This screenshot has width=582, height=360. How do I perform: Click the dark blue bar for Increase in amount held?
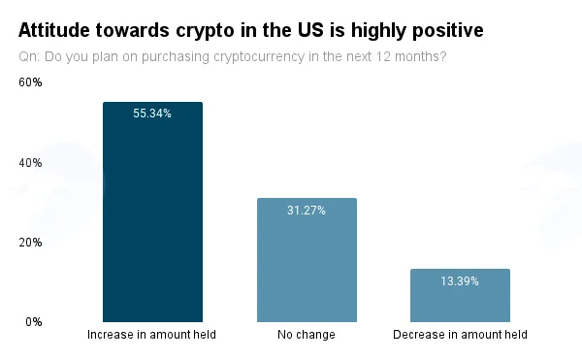[x=152, y=212]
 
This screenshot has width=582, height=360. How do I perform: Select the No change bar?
[x=307, y=260]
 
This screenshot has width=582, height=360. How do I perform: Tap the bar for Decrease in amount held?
[x=460, y=295]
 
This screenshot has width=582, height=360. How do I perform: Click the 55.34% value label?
[x=152, y=114]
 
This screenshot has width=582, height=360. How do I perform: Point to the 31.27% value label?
[x=307, y=211]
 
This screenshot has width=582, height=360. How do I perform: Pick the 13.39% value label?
[x=460, y=281]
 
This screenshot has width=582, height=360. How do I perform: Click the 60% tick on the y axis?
[x=30, y=82]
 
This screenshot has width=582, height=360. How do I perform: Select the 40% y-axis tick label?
[x=30, y=163]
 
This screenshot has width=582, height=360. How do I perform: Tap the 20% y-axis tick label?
[x=30, y=243]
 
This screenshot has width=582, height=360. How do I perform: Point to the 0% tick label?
[x=34, y=322]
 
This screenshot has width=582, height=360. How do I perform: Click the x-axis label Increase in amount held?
[x=151, y=335]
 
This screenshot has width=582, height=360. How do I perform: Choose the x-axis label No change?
[x=307, y=335]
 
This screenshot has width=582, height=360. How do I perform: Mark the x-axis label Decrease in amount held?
[x=460, y=335]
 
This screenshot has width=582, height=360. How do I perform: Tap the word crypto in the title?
[x=205, y=31]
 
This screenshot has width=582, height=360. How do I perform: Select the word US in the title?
[x=310, y=30]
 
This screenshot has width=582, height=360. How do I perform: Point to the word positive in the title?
[x=448, y=30]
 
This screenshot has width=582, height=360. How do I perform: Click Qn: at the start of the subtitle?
[x=29, y=56]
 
